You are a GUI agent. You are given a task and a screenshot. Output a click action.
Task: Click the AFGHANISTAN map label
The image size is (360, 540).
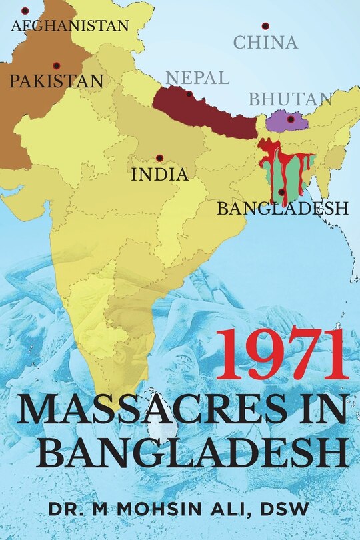(70, 26)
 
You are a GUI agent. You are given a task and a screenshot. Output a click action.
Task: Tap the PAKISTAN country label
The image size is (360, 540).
(56, 81)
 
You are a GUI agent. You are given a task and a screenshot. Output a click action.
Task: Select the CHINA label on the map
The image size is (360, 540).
(265, 43)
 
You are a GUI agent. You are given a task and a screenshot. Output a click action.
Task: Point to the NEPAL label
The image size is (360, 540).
(197, 77)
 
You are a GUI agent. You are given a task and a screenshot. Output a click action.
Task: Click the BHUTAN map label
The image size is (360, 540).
(291, 100)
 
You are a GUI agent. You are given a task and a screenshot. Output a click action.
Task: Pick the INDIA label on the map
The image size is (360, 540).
(159, 175)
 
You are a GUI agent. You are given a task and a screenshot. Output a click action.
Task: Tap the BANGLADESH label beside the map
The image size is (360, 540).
(283, 209)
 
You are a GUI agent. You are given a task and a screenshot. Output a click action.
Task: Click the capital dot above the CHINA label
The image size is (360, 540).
(265, 26)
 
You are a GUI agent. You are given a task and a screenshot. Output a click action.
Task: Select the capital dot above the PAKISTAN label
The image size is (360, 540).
(56, 65)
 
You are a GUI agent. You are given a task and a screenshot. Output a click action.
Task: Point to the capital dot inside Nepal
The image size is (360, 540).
(189, 94)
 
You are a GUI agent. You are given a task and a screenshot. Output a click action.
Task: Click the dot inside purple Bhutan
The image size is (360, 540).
(291, 119)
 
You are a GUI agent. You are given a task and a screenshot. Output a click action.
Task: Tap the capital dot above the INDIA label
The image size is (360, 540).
(159, 158)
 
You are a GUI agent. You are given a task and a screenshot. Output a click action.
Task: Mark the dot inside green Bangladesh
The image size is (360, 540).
(281, 192)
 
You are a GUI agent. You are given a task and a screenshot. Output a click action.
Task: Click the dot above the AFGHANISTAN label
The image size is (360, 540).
(25, 11)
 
